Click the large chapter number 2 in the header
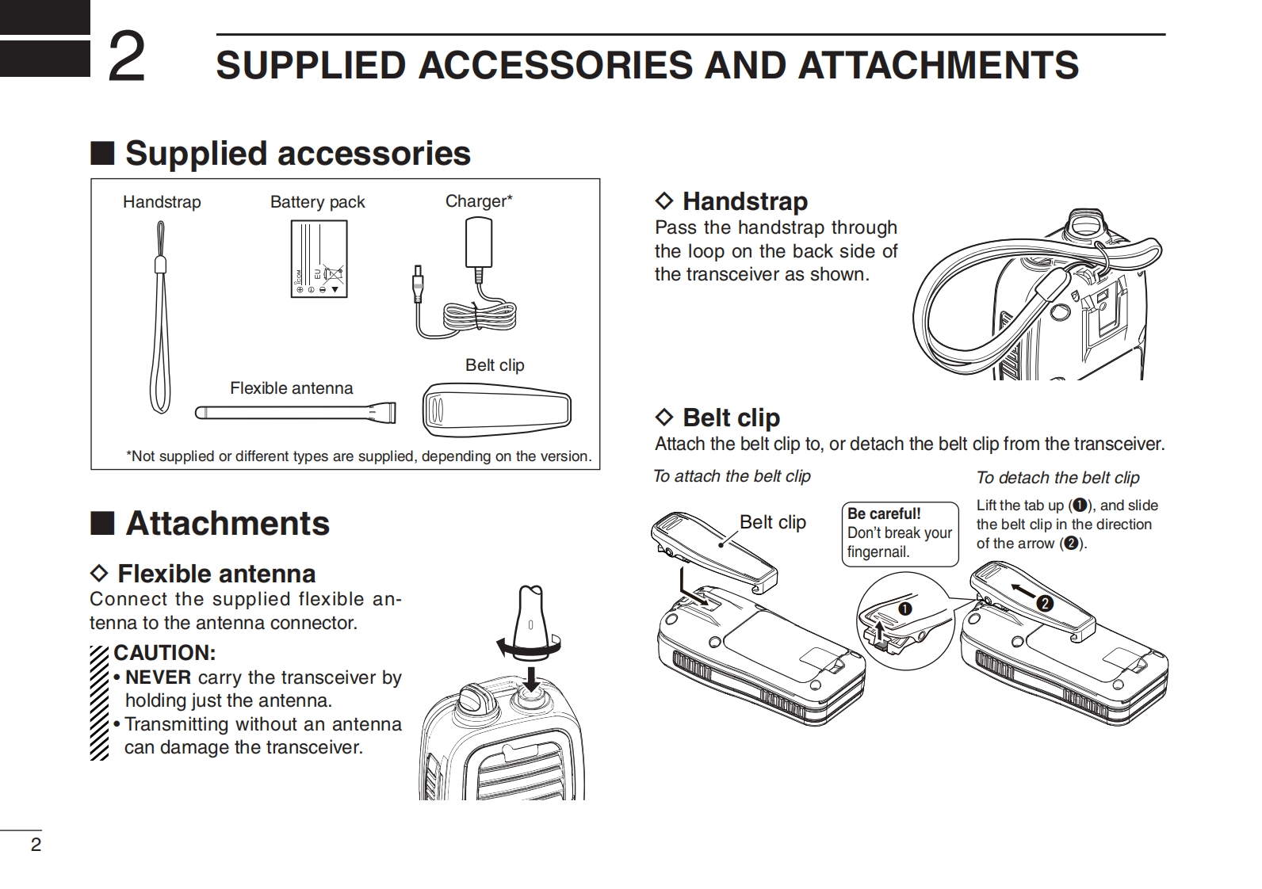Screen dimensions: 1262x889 (x=126, y=56)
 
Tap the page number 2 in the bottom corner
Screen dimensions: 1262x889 (x=36, y=845)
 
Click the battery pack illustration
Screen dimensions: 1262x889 (x=319, y=259)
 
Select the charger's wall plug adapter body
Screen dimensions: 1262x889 (x=478, y=243)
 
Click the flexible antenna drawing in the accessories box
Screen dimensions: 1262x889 (x=295, y=413)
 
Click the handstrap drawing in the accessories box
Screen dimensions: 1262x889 (x=160, y=317)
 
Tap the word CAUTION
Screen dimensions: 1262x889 (x=164, y=654)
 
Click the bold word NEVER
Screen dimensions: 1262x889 (x=158, y=677)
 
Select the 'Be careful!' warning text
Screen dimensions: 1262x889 (x=884, y=513)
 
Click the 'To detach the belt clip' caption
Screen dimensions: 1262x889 (x=1057, y=478)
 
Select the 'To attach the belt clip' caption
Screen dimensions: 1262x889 (x=732, y=476)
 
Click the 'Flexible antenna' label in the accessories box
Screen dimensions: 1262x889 (x=291, y=388)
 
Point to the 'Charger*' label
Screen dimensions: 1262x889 (x=479, y=201)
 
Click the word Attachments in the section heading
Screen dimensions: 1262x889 (x=228, y=524)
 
